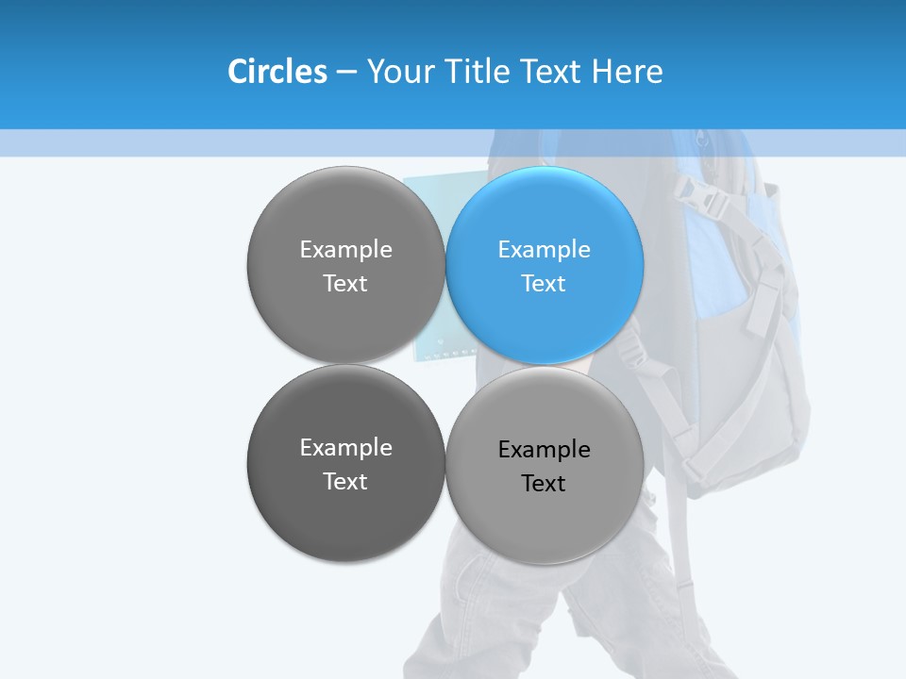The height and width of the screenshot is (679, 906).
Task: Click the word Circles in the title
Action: point(277,72)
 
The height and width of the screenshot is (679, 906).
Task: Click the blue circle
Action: point(545,266)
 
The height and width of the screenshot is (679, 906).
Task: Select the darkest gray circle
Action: point(345,464)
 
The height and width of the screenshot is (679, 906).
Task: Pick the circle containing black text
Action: point(545,466)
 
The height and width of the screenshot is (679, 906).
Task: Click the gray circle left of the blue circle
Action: point(345,266)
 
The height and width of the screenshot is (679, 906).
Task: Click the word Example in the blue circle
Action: point(544,250)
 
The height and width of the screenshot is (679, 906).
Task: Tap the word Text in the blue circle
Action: point(544,284)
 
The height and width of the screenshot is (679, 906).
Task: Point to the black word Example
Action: point(544,450)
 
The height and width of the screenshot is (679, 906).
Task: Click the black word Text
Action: point(544,484)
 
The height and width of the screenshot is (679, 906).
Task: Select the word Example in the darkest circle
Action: point(345,448)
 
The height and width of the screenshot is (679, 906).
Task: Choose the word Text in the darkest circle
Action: point(345,482)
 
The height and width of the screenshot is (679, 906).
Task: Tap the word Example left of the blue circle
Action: point(345,250)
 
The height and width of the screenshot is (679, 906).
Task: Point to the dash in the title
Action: point(345,73)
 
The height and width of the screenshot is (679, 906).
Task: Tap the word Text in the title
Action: point(552,72)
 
